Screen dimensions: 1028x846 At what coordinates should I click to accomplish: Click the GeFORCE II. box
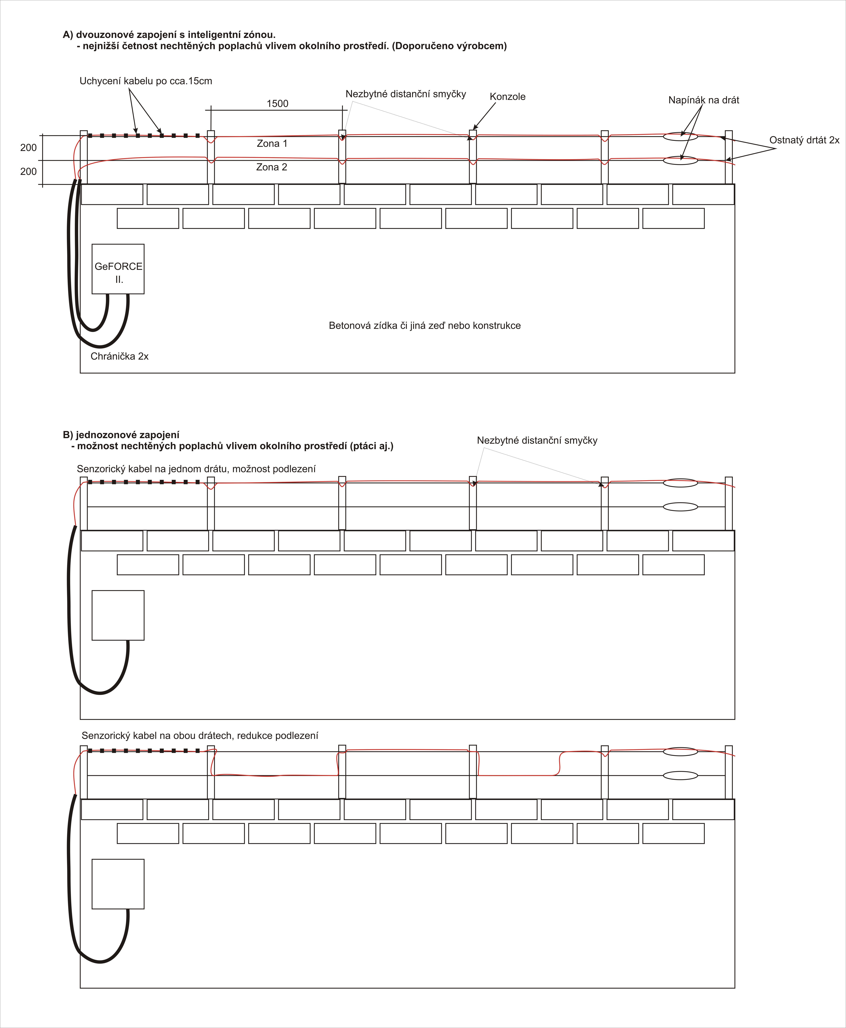click(118, 269)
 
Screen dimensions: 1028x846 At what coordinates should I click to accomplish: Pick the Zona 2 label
click(271, 167)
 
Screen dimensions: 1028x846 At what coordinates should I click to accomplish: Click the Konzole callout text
click(507, 96)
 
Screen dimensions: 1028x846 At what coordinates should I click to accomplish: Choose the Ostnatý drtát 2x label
click(804, 140)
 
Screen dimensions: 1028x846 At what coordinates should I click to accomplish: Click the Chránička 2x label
click(119, 356)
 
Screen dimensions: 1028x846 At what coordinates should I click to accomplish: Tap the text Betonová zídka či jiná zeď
click(424, 325)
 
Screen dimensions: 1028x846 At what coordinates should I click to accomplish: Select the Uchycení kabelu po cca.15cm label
click(146, 81)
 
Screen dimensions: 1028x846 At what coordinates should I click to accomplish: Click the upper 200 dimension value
click(28, 148)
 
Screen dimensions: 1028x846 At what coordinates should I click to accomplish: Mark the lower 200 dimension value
click(28, 171)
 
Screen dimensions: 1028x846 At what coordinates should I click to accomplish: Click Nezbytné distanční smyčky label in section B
click(537, 440)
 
